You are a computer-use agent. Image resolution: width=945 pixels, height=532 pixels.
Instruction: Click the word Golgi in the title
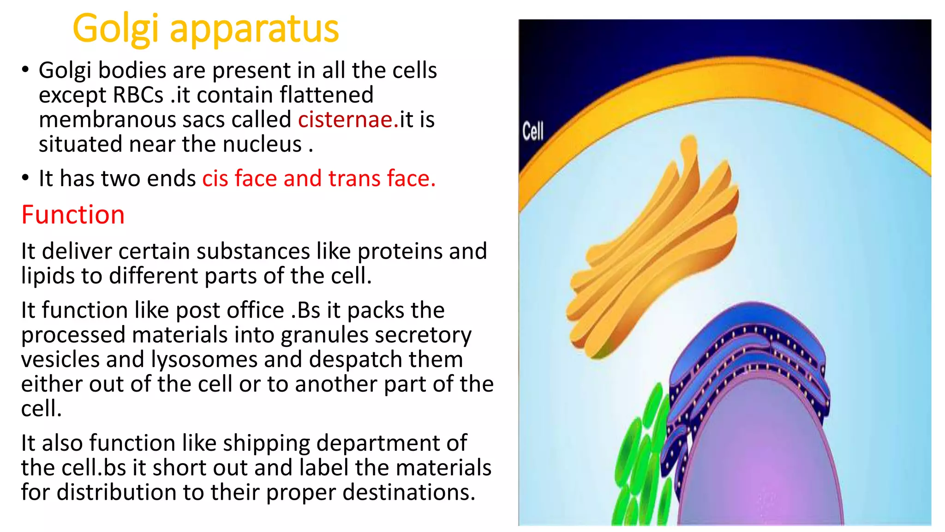tap(116, 29)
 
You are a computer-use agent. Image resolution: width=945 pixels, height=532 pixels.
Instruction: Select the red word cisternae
tap(346, 120)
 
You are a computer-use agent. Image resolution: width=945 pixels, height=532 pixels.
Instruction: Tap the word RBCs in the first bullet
tap(138, 95)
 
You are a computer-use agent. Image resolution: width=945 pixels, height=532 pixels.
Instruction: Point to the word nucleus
tap(262, 144)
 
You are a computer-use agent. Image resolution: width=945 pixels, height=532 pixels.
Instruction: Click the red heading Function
tap(73, 215)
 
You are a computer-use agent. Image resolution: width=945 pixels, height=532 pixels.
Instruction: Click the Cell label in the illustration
tap(533, 132)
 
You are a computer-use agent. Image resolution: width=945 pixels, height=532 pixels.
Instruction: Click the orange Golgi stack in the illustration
tap(655, 249)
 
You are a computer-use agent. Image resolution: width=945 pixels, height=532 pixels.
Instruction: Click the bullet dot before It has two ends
tap(25, 178)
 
